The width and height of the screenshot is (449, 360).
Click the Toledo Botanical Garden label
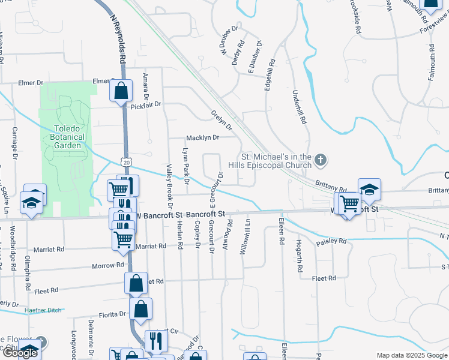(67, 137)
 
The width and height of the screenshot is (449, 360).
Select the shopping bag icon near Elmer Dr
(121, 91)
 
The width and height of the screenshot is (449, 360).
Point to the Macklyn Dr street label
(202, 137)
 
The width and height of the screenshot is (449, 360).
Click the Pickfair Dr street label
(146, 104)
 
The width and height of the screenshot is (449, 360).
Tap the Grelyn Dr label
(221, 119)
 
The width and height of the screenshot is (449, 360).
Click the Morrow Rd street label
(107, 265)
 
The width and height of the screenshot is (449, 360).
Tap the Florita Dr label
(113, 314)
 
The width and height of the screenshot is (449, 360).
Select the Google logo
(19, 353)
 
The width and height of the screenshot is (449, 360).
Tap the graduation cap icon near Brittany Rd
(370, 188)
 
